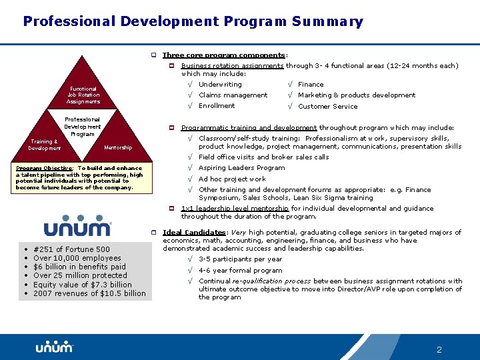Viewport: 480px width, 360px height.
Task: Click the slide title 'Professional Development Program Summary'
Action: [193, 21]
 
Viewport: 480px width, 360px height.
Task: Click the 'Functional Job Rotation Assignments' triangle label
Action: [83, 95]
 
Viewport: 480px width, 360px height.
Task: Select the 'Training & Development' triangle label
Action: [45, 145]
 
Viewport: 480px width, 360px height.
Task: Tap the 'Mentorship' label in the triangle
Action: [118, 147]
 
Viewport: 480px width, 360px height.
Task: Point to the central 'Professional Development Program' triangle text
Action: [83, 127]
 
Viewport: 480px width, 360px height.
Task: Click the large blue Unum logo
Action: [77, 225]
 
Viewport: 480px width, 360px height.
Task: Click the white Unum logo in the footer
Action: [54, 347]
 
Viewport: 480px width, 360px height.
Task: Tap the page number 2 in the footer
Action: [439, 349]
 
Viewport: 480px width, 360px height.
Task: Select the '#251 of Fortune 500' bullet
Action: [71, 249]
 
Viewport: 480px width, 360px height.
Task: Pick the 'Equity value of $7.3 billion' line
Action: [83, 285]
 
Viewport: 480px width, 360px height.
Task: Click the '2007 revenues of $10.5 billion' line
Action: [89, 293]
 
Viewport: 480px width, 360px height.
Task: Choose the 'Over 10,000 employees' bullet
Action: [77, 258]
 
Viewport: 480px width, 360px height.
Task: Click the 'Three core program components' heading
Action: [225, 55]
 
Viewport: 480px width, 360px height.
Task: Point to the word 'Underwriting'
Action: [220, 85]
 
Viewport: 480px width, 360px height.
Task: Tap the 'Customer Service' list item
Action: [327, 107]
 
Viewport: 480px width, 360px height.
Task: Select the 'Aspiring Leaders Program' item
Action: [241, 168]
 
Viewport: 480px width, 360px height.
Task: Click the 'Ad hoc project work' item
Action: [232, 179]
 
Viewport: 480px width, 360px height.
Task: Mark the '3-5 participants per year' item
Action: [240, 259]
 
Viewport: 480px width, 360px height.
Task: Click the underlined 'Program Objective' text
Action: [45, 169]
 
